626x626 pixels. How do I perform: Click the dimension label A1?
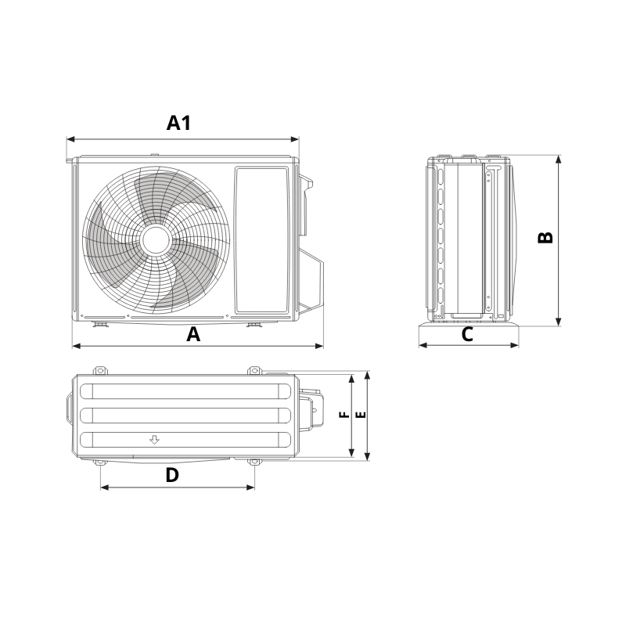click(x=179, y=123)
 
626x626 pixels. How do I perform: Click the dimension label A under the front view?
click(x=193, y=335)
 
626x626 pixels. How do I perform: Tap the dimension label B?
click(x=546, y=237)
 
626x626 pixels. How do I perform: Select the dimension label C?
click(x=467, y=335)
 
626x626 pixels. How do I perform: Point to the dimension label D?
click(x=172, y=475)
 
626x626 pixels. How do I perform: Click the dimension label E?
click(x=359, y=415)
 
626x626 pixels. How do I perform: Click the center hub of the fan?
click(x=155, y=238)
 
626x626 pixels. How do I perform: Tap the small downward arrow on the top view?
click(x=155, y=440)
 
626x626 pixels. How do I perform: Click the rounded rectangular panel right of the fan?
click(x=261, y=238)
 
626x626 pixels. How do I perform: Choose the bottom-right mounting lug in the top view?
click(x=254, y=463)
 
